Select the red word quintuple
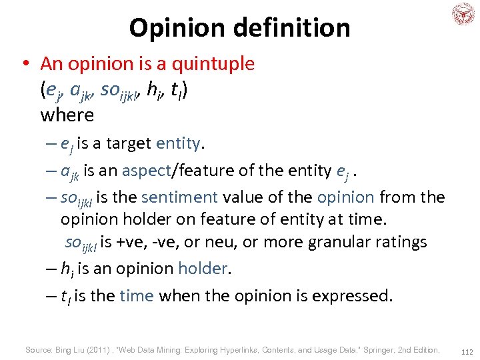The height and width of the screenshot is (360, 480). coord(213,63)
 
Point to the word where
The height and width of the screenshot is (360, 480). coord(67,115)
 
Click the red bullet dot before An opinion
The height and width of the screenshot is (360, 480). coord(25,64)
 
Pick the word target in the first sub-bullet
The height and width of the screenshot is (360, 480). coord(128,143)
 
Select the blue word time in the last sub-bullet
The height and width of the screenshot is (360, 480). coord(137,295)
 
